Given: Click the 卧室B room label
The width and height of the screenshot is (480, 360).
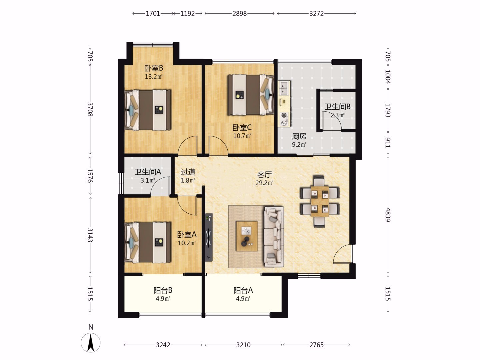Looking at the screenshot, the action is [x=154, y=68].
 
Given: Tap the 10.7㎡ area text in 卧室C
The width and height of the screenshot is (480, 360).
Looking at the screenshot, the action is [x=242, y=136].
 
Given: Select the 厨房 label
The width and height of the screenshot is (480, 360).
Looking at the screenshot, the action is [x=299, y=136].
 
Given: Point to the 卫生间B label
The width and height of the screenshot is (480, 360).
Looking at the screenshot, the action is [x=337, y=107].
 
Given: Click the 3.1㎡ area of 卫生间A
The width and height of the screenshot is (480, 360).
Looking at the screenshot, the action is [x=148, y=180].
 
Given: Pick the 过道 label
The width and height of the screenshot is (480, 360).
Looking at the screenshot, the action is [x=188, y=172].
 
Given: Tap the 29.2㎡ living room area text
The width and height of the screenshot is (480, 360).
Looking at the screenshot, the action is [x=264, y=183].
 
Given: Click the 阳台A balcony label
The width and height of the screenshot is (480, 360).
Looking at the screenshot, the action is [x=243, y=290].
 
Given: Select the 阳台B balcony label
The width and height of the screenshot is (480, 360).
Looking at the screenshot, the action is [x=163, y=290].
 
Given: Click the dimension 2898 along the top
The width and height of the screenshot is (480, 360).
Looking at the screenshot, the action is [x=239, y=14].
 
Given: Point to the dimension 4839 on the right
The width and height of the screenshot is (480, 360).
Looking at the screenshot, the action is [x=388, y=215].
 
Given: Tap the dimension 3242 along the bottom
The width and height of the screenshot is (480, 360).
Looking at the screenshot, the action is [x=163, y=345].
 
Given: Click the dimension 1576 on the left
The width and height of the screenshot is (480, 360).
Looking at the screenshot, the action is [x=90, y=176].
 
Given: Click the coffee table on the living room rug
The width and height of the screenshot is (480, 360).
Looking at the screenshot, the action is [x=247, y=236].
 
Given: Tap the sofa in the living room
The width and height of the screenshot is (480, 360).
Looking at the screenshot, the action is [x=274, y=237].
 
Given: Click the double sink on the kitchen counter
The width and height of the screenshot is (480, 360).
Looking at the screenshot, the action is [x=284, y=88].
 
